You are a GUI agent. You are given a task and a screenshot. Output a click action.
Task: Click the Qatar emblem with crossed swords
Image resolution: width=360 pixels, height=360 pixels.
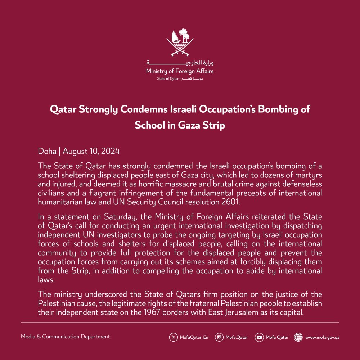180,42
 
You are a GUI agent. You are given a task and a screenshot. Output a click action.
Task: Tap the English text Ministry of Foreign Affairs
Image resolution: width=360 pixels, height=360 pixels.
180,71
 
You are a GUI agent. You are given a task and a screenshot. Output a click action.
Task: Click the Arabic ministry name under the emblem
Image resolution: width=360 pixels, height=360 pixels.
180,63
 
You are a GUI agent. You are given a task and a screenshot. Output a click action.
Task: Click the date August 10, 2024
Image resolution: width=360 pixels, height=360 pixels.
91,152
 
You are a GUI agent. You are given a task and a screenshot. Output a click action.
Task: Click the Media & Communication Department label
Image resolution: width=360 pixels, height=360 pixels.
66,337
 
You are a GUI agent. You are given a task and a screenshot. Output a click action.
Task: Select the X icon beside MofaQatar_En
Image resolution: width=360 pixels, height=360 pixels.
174,337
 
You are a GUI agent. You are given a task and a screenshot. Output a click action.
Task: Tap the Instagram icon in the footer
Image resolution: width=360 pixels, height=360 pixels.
219,337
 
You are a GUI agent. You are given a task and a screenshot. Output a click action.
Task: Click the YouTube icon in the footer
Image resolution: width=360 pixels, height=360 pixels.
259,337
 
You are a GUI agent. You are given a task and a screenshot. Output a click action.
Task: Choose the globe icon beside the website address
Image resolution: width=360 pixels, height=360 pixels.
298,337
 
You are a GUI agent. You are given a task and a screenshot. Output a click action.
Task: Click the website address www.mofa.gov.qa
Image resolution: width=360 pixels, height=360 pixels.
322,337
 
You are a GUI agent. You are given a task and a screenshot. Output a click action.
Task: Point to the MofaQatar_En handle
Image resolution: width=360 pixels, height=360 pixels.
193,337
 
